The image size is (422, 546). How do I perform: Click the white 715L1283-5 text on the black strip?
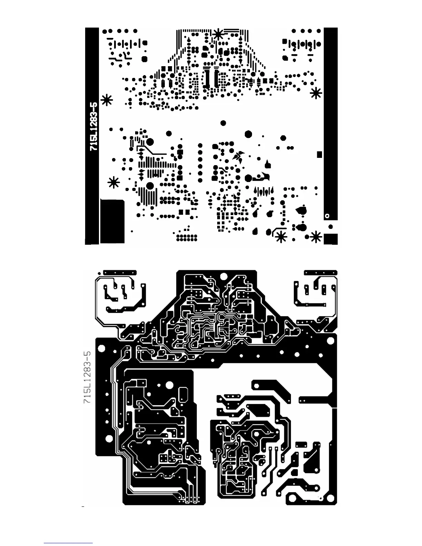(93, 126)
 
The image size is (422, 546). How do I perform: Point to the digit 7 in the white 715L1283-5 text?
(93, 148)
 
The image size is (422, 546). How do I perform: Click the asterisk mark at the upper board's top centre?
(218, 34)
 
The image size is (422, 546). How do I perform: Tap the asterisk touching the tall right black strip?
(316, 93)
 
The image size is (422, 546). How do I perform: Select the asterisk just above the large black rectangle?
(113, 182)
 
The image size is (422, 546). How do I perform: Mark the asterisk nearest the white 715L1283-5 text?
(107, 100)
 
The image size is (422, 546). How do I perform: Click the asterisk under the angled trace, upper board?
(281, 237)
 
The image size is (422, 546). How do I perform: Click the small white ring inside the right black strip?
(327, 216)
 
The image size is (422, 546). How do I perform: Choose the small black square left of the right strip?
(320, 155)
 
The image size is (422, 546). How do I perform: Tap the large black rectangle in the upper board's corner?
(112, 221)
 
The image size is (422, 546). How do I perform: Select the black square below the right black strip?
(331, 239)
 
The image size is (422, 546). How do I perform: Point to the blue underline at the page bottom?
(68, 543)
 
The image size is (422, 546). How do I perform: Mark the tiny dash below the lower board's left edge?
(83, 507)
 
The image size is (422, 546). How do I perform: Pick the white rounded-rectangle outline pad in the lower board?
(184, 393)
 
